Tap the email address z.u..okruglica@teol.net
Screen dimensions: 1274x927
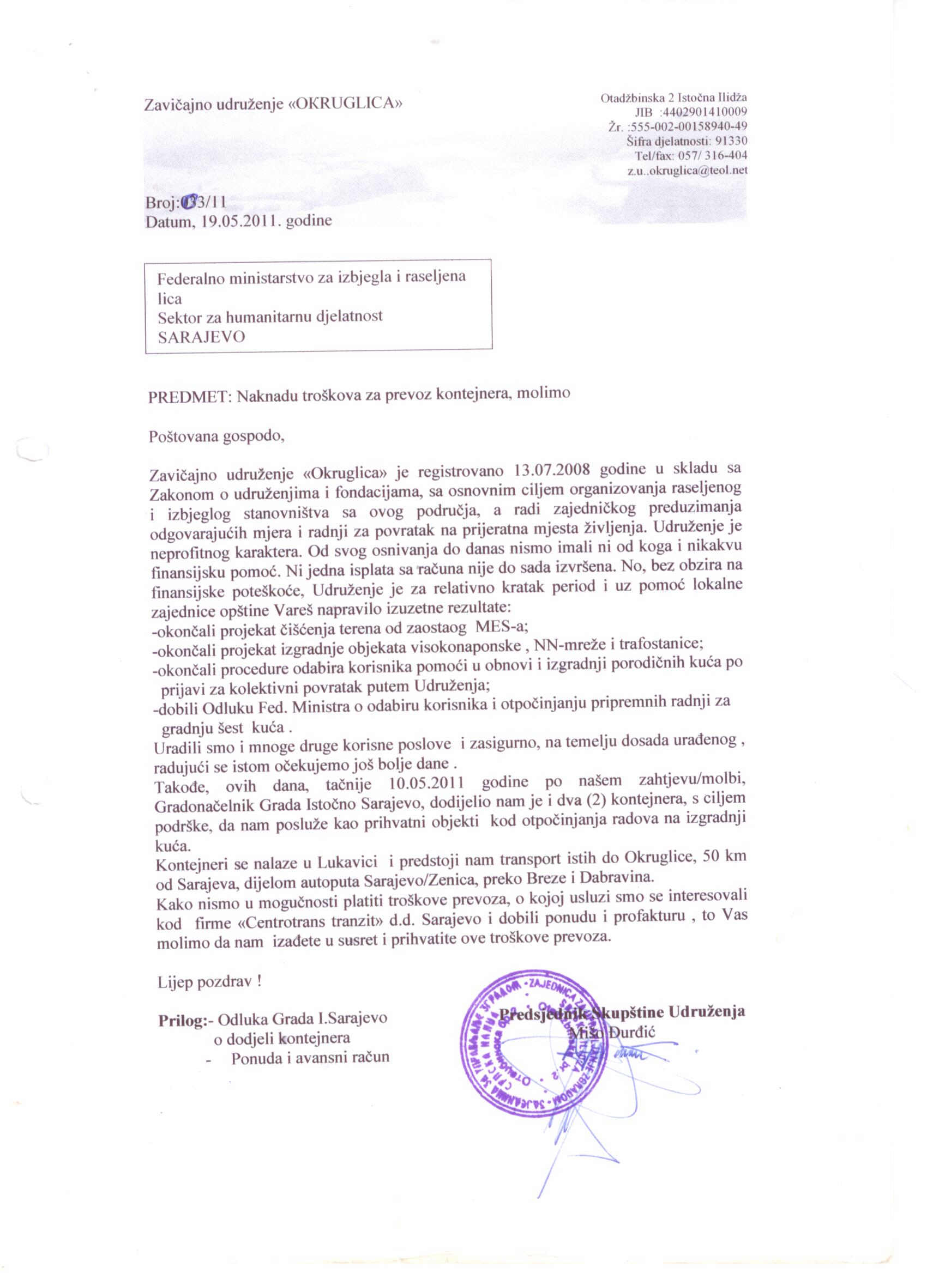[687, 171]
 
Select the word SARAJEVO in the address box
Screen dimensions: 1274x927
[201, 337]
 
